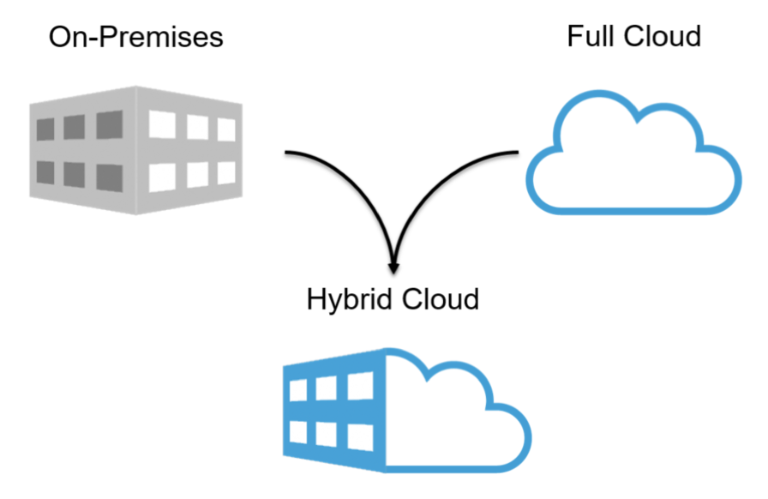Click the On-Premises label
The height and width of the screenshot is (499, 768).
[136, 37]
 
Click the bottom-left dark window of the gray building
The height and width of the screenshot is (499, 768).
[45, 175]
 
